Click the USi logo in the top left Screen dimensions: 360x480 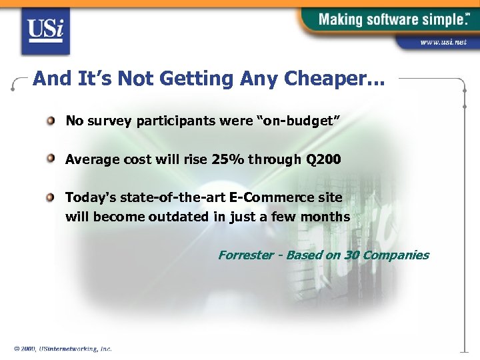click(x=45, y=31)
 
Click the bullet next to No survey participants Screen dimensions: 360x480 click(x=51, y=121)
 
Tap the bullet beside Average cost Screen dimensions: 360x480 click(x=51, y=159)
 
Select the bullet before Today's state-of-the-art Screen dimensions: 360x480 click(x=51, y=197)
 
